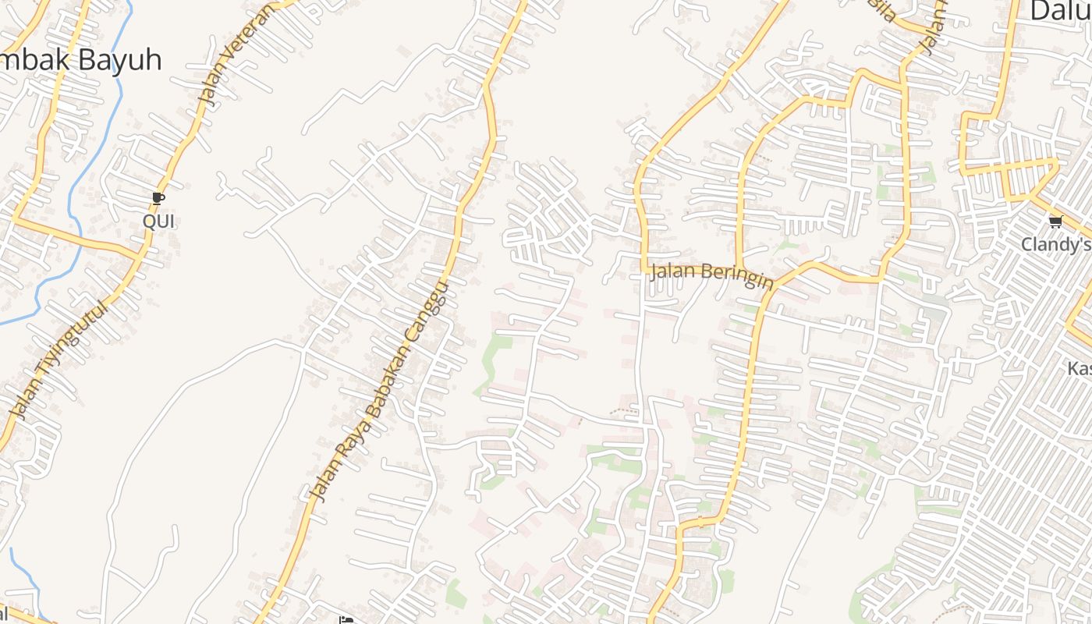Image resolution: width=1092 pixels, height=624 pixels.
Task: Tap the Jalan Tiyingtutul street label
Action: (59, 359)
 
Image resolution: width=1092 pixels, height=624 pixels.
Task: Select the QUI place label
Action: (158, 222)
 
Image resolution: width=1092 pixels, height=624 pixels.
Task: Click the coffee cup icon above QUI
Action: (158, 199)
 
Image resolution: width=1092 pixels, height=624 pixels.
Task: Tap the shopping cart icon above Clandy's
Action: (1055, 222)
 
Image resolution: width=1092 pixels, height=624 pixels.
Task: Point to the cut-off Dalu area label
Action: (1060, 11)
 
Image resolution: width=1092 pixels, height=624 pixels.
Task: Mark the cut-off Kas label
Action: (1080, 367)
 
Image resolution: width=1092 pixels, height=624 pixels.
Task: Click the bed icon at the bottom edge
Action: (346, 621)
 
